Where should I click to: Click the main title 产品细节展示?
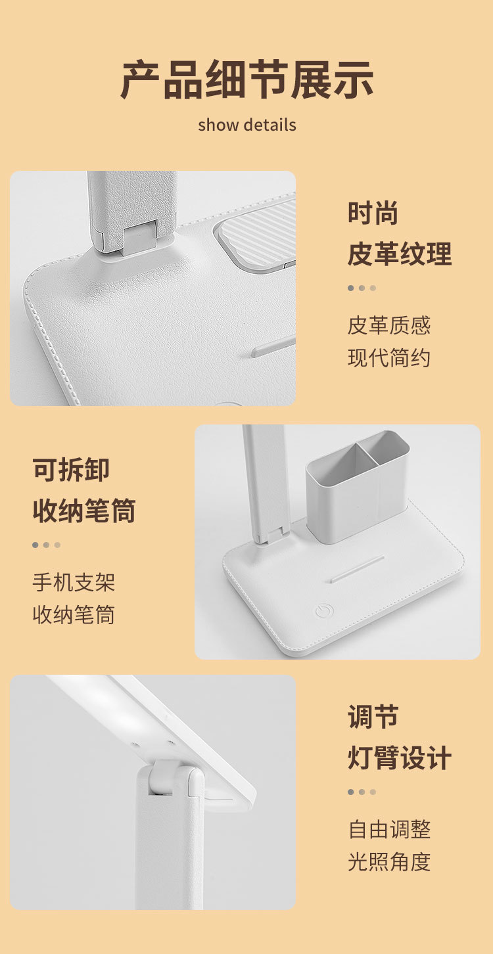[x=246, y=79]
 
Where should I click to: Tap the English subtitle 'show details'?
[x=246, y=125]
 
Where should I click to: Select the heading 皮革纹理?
[x=400, y=254]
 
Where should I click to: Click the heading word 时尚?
[x=373, y=214]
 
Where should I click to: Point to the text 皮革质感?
[x=389, y=325]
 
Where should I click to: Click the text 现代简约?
[x=389, y=358]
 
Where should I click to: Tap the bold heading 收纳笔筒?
[x=84, y=511]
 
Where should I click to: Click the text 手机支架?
[x=74, y=582]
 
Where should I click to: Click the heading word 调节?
[x=373, y=717]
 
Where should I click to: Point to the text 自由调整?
[x=389, y=829]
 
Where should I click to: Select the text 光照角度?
[x=389, y=862]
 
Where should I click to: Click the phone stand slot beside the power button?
[x=357, y=568]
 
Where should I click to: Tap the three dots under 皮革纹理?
[x=362, y=288]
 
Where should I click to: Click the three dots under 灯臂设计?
[x=362, y=792]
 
